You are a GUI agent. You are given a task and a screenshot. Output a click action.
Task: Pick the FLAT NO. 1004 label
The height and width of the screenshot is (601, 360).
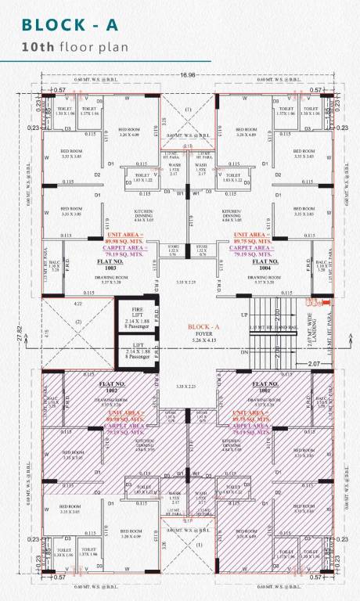258,265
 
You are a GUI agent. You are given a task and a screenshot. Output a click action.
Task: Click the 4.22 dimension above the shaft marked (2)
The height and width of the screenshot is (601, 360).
77,303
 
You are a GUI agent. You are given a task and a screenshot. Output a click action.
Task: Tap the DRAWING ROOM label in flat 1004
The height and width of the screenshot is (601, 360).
258,277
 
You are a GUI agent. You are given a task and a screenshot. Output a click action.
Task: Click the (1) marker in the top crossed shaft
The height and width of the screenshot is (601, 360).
188,109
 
